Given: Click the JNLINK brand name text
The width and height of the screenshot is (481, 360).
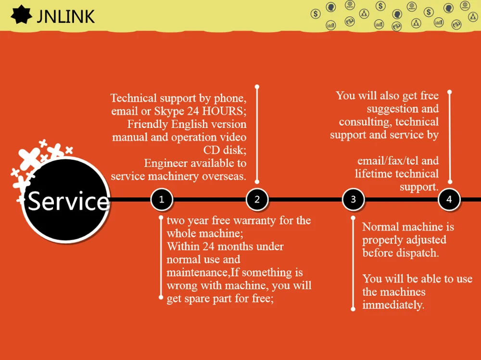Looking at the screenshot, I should click(65, 16).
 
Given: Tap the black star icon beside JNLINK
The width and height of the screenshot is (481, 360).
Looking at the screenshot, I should click(22, 15).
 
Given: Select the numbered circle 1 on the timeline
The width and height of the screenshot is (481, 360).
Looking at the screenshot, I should click(162, 199).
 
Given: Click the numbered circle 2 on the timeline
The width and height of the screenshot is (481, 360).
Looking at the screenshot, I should click(257, 199).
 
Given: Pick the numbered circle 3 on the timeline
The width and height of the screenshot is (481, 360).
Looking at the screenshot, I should click(354, 199).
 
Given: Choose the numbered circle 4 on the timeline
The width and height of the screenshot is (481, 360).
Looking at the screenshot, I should click(449, 199).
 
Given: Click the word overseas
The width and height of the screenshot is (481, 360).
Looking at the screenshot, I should click(224, 176).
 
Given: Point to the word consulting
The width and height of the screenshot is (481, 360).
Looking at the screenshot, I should click(365, 122).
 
